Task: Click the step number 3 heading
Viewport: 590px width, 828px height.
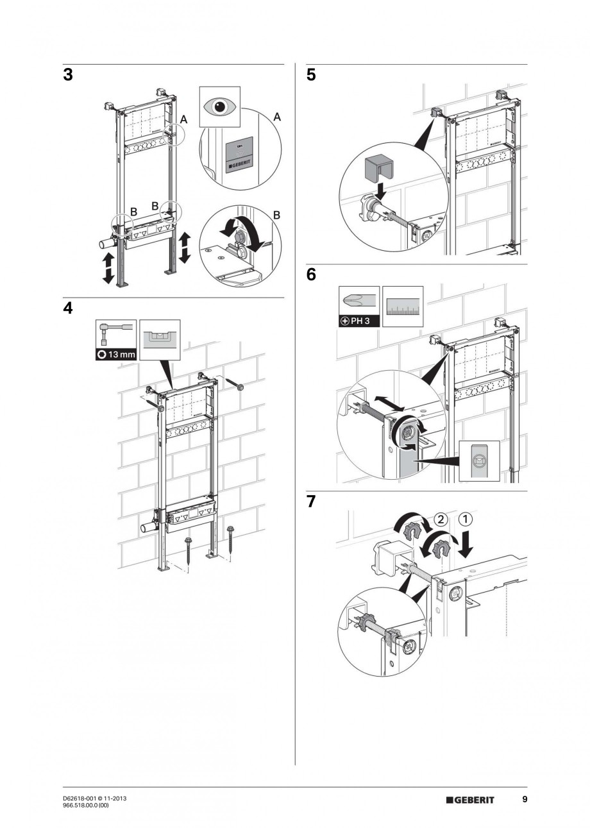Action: [x=68, y=75]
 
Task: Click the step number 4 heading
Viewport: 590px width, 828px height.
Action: [x=68, y=308]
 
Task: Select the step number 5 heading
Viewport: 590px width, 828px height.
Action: [x=311, y=75]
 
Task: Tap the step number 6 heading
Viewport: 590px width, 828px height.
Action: [x=311, y=275]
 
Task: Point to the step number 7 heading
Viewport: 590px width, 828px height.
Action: [x=311, y=502]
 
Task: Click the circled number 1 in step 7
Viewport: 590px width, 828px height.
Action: [x=466, y=518]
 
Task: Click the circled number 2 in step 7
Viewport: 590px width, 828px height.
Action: [x=440, y=518]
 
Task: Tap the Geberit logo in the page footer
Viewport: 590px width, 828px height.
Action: [x=470, y=799]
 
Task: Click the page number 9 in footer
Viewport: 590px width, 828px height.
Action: [x=525, y=799]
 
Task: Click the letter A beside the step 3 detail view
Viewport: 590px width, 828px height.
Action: [x=276, y=117]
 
